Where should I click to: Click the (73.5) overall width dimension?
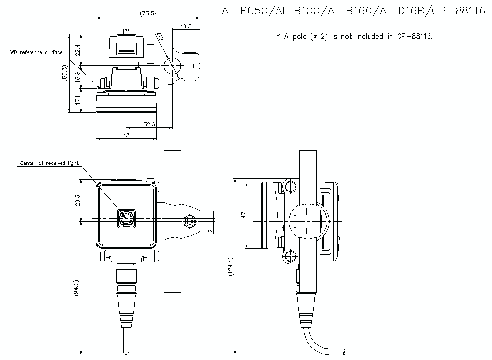point(148,13)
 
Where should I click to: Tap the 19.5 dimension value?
point(186,26)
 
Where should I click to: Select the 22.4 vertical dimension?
point(78,50)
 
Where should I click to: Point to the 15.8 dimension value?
point(78,77)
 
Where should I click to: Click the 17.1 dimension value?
point(78,100)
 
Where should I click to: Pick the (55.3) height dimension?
point(65,73)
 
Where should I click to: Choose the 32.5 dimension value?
point(149,124)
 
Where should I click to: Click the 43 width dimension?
point(126,135)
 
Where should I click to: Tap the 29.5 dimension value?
point(78,200)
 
